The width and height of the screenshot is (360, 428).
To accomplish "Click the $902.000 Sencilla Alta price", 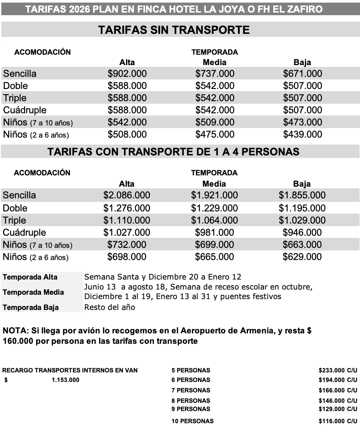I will coord(127,74).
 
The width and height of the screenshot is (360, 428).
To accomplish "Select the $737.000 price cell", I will coord(215,74).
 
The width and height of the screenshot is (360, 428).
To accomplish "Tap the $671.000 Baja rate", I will coord(302,74).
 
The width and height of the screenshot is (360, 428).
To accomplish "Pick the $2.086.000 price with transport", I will coord(127,195).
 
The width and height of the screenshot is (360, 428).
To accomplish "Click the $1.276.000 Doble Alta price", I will coord(127,208).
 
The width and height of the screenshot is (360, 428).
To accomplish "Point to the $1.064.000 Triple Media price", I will coord(215,220).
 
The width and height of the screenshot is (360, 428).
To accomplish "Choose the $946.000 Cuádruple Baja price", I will coord(302,232).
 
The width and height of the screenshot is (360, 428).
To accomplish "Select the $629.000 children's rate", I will coord(302,257).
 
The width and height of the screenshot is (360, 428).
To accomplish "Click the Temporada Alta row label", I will coord(30,277).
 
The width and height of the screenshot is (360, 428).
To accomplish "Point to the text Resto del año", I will coord(109,307).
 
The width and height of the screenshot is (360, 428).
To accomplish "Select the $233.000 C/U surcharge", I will coord(337,370).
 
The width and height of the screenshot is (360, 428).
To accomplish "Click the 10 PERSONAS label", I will coord(192,421).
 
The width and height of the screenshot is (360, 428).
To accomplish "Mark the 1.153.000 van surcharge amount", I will coord(65,380).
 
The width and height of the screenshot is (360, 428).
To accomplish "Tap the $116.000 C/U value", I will coord(337,421).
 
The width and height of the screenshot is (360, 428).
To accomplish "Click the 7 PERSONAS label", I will coord(191,390).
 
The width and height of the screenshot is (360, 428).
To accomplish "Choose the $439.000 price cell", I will coord(302,135).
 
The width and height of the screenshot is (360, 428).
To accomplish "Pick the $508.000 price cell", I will coord(127,135).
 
